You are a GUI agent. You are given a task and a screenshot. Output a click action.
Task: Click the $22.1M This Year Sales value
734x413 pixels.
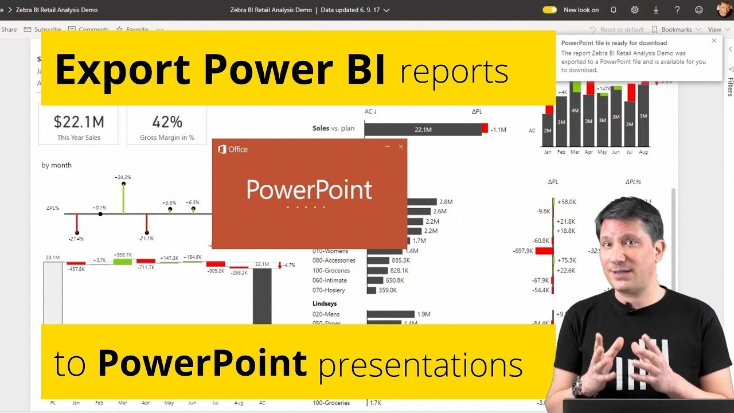pos(79,122)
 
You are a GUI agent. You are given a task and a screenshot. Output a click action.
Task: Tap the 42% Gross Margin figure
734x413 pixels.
pos(167,122)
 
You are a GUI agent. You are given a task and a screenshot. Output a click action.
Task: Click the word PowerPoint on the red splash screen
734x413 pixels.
pos(309,190)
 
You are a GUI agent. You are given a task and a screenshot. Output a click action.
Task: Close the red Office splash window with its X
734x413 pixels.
pos(401,147)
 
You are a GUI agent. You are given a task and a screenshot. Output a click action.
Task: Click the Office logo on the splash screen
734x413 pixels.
pos(222,149)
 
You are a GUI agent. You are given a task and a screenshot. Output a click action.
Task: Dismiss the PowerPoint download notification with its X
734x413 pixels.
pos(714,41)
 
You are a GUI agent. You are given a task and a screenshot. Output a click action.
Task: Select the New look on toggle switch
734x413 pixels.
pos(549,10)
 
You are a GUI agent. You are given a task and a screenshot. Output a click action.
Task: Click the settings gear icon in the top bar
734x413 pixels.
pos(635,10)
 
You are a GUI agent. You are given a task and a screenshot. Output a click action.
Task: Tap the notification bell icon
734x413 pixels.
pos(614,10)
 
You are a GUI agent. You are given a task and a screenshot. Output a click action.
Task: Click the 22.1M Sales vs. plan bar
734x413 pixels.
pos(423,130)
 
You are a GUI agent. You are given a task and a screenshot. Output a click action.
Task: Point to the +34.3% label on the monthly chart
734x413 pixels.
pos(123,177)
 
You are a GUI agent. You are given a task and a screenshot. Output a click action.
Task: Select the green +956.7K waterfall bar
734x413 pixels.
pos(123,262)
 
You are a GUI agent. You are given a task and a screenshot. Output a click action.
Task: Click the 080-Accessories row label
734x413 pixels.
pos(334,260)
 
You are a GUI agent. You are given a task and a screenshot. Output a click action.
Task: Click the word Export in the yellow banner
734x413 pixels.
pos(123,69)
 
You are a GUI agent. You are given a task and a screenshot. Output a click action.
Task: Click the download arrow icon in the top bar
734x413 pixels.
pos(656,10)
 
